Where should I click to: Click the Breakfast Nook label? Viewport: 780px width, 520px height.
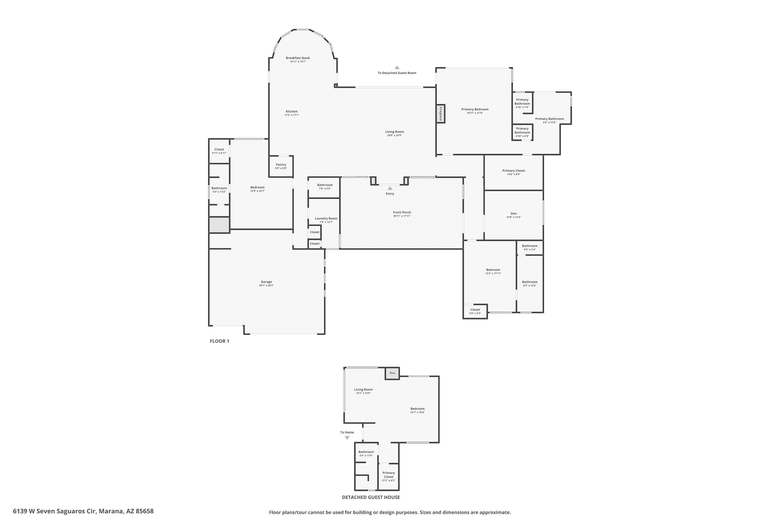(298, 58)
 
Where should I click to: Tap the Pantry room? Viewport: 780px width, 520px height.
(281, 166)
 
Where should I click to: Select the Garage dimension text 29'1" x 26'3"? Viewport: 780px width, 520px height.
(266, 285)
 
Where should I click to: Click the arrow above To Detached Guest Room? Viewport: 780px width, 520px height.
(397, 68)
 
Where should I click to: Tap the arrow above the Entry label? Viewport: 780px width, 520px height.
(390, 188)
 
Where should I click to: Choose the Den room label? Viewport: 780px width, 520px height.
(514, 213)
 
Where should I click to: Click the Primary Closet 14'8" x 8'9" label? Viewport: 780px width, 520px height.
(514, 172)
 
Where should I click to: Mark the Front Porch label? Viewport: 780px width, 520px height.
(402, 212)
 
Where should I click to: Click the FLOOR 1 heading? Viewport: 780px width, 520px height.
(219, 341)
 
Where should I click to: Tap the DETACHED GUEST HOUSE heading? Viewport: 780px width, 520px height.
(371, 497)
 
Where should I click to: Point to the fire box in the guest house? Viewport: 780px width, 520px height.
(392, 373)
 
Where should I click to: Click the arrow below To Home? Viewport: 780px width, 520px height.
(347, 438)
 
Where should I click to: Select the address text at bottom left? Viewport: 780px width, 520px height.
(83, 511)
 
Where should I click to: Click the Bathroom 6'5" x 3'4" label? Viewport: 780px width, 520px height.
(530, 248)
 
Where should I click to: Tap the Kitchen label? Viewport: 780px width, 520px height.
(291, 112)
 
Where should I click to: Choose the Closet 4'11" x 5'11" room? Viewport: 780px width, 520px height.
(219, 151)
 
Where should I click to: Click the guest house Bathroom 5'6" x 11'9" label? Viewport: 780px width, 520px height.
(366, 454)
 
